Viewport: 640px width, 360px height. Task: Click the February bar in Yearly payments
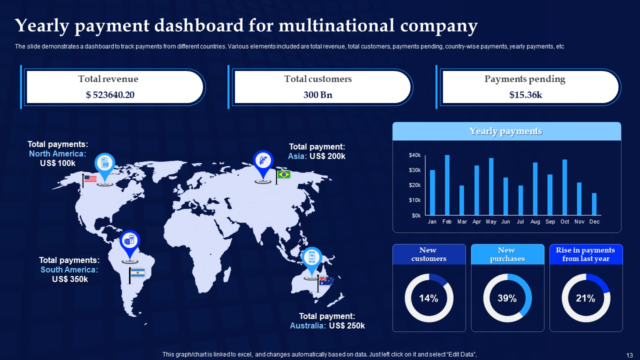(x=447, y=185)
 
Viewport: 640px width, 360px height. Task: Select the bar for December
(x=594, y=204)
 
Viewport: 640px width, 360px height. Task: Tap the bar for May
(x=491, y=186)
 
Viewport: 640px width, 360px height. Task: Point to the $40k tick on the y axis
(x=414, y=155)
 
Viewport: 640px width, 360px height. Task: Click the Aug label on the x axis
(x=535, y=221)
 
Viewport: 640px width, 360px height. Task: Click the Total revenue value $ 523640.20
(x=110, y=95)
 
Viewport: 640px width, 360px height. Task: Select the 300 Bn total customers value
(x=318, y=95)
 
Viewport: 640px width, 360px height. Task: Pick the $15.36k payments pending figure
(x=525, y=95)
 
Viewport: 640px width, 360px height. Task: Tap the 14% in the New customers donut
(x=428, y=298)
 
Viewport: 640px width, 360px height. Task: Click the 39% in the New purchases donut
(x=507, y=298)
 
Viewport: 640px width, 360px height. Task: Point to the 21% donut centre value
(x=585, y=298)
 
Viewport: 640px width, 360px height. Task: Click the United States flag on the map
(x=90, y=178)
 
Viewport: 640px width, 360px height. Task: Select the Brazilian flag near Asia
(x=284, y=174)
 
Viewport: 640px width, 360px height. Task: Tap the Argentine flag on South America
(x=137, y=272)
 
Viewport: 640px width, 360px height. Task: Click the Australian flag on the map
(x=326, y=281)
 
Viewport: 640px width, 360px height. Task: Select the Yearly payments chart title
(x=505, y=131)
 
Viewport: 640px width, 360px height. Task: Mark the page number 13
(x=629, y=354)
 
